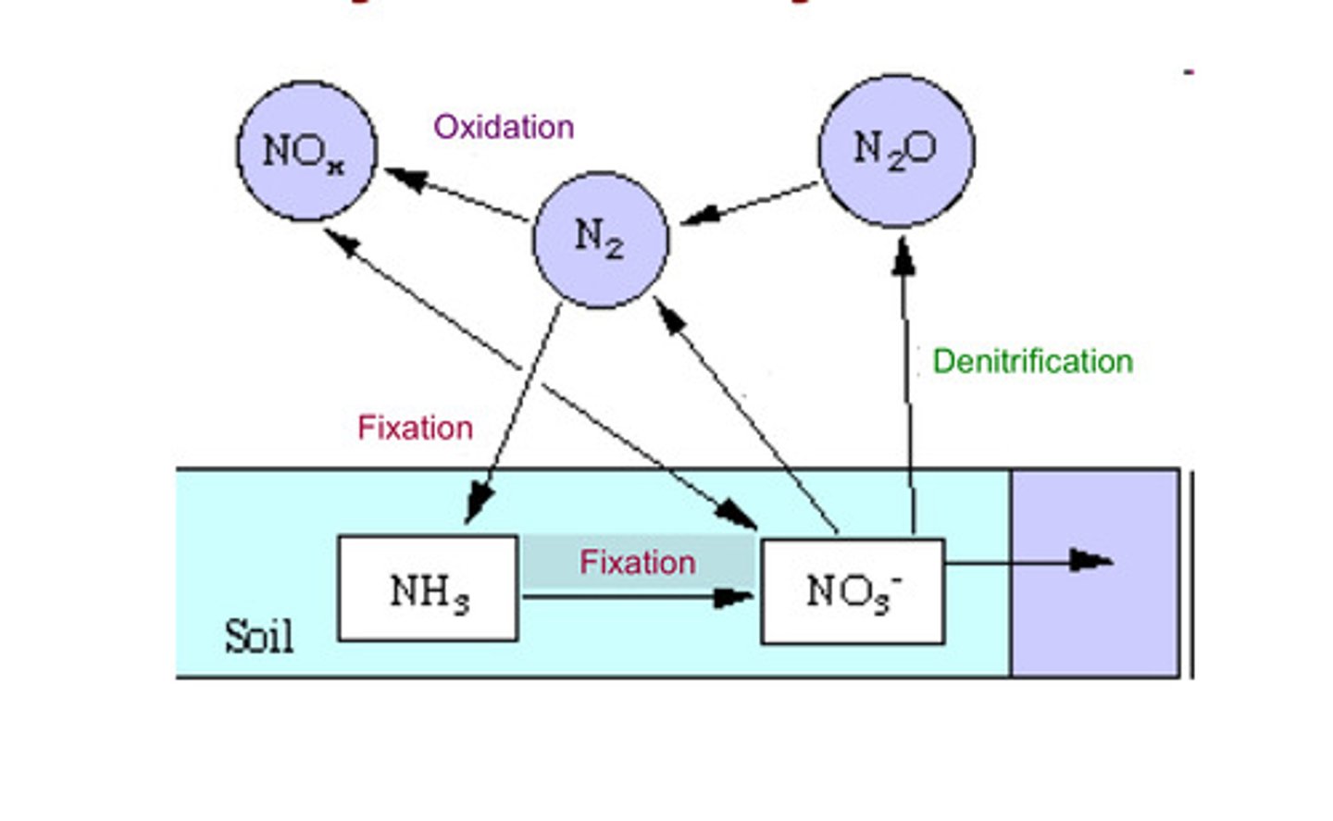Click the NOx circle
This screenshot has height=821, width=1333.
[306, 151]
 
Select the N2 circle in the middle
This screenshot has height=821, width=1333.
[600, 239]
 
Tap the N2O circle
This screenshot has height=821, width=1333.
[895, 151]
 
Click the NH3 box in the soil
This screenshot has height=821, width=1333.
[428, 589]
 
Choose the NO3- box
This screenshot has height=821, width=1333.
[852, 591]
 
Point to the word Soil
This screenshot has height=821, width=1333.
[258, 637]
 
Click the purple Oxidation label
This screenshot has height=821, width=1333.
[504, 127]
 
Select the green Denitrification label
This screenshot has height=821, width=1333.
[1032, 361]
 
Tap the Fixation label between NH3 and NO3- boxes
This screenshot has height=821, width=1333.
[637, 563]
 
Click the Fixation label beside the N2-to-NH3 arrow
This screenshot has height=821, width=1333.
[415, 428]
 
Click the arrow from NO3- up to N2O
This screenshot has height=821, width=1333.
[908, 389]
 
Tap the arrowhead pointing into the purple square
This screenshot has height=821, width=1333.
[1090, 560]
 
